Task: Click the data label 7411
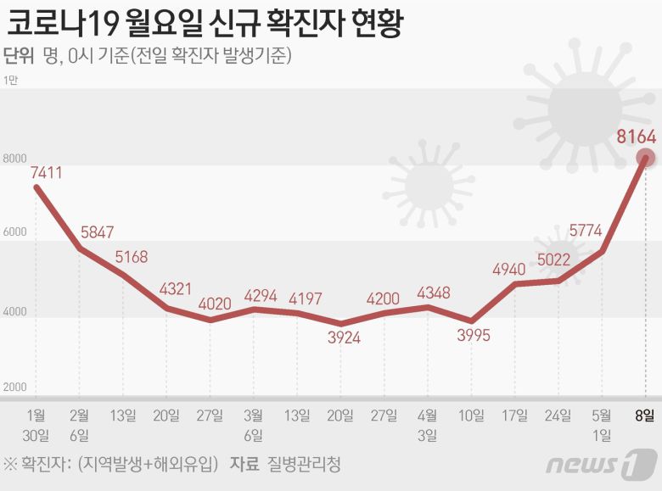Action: click(47, 173)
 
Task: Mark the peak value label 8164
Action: click(637, 137)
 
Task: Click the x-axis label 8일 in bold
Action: click(647, 415)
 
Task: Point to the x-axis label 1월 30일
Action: click(36, 425)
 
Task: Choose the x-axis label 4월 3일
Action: click(429, 425)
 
